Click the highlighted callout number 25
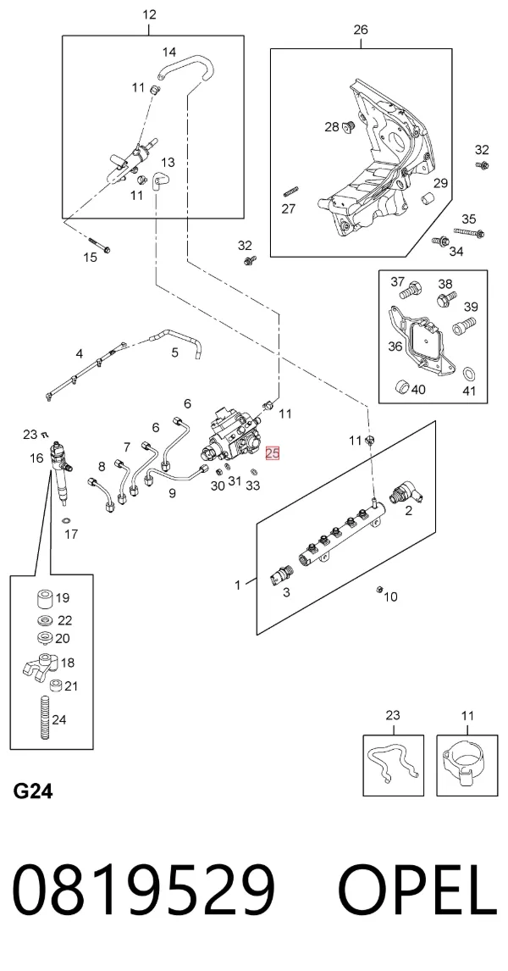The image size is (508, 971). (x=273, y=453)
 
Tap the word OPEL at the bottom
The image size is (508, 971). (x=418, y=891)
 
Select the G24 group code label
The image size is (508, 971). (x=33, y=791)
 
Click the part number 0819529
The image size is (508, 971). (x=144, y=891)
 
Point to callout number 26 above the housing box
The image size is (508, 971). (x=361, y=29)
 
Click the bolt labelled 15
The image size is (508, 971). (x=99, y=245)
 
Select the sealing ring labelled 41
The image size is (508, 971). (x=469, y=374)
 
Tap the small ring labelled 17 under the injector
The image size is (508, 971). (x=66, y=520)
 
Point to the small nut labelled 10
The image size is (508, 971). (x=379, y=589)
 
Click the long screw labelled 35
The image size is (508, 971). (x=468, y=232)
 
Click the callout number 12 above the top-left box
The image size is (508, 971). (x=149, y=14)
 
